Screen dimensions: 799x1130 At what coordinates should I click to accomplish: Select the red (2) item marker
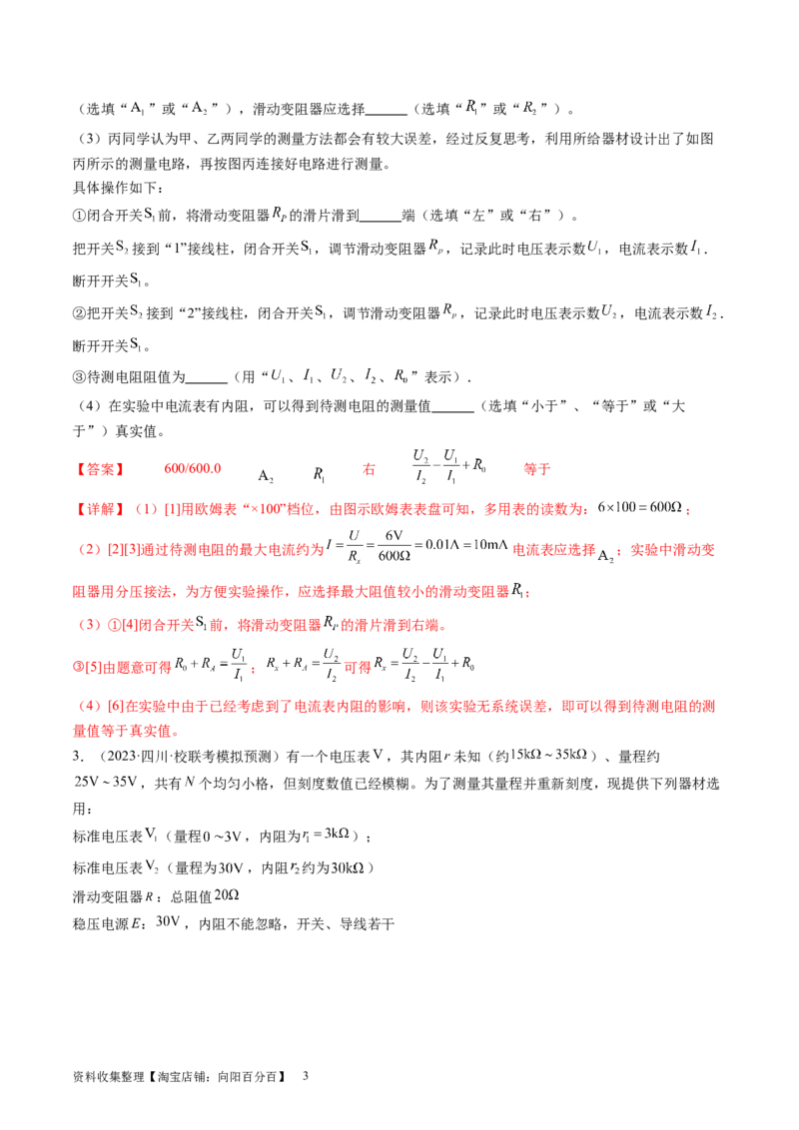point(90,550)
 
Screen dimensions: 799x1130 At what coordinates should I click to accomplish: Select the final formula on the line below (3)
point(439,666)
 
